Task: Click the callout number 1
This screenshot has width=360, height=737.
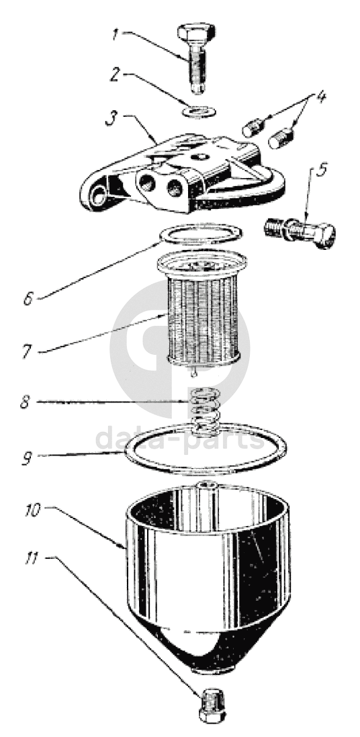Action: coord(115,34)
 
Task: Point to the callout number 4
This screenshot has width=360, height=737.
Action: coord(320,96)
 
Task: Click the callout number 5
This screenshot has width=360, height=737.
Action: coord(322,169)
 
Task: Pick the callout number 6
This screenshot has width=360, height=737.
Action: coord(29,298)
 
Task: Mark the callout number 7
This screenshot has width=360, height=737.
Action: coord(28,351)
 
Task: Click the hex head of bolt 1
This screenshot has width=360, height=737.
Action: coord(196,32)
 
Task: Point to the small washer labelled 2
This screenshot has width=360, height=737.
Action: coord(199,112)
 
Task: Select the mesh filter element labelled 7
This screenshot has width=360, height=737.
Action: coord(203,310)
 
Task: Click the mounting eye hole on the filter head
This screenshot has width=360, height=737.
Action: coord(98,196)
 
